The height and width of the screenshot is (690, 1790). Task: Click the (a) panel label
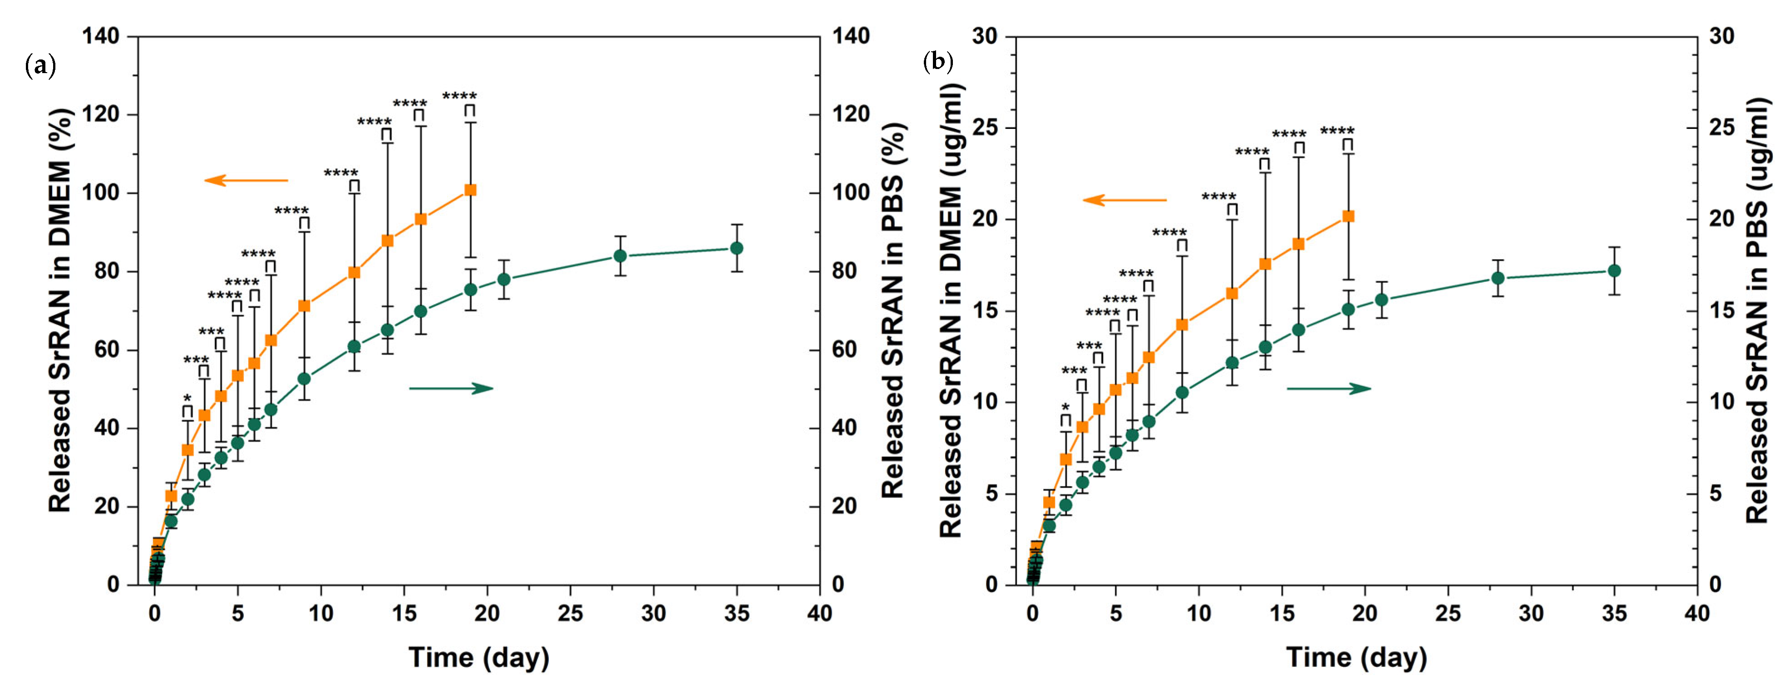tap(39, 66)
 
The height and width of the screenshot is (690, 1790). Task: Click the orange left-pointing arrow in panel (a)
tap(246, 181)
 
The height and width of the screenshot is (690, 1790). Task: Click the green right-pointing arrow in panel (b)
tap(1329, 389)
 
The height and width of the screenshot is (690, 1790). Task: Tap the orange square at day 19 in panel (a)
tap(470, 190)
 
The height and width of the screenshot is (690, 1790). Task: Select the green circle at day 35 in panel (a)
tap(737, 248)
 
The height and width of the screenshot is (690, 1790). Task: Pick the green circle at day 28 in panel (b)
tap(1498, 278)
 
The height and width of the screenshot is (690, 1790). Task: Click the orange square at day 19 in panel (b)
tap(1348, 216)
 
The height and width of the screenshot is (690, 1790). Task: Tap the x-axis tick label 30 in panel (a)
tap(653, 614)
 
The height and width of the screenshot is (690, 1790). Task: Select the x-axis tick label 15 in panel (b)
tap(1282, 614)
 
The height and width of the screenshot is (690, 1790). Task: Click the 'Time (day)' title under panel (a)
tap(479, 657)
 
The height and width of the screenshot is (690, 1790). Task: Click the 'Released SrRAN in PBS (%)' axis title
tap(893, 310)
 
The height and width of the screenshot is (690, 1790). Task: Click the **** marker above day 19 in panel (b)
tap(1337, 131)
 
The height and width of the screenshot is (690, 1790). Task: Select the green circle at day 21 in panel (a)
tap(504, 279)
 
